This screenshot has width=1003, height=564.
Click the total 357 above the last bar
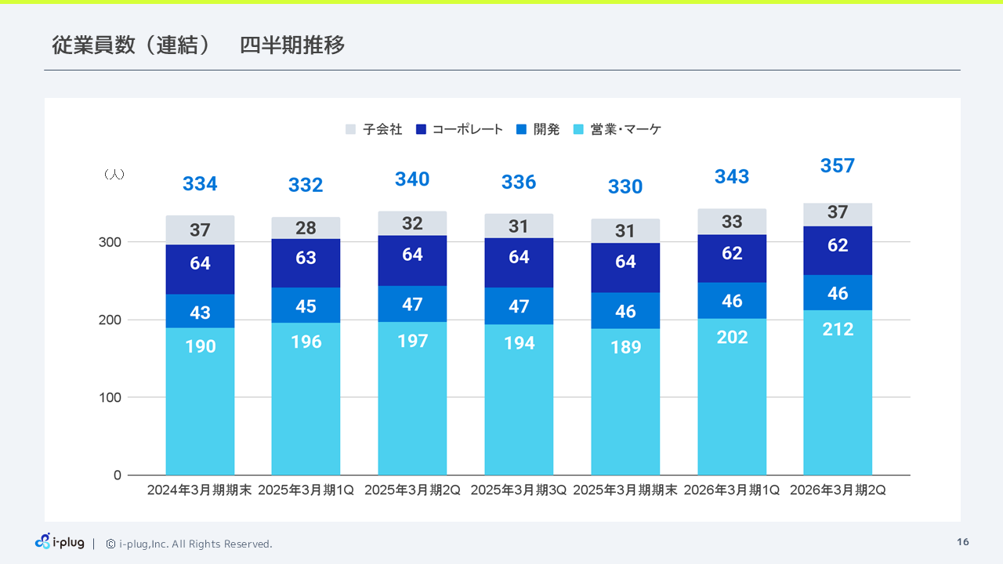click(838, 166)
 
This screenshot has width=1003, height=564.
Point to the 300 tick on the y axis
click(110, 242)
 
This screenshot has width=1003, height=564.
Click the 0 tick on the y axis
click(117, 475)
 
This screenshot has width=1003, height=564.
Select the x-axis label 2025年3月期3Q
click(519, 490)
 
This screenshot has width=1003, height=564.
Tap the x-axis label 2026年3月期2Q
click(838, 490)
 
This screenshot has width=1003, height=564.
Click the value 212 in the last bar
click(838, 330)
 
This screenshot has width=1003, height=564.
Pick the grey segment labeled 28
click(306, 228)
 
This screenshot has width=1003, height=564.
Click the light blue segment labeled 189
click(625, 347)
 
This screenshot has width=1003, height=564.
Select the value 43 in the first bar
click(200, 313)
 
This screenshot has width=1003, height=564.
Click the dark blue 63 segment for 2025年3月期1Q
click(306, 258)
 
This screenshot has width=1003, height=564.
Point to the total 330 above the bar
click(625, 186)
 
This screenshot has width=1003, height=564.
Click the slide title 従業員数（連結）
click(131, 45)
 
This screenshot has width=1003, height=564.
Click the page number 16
click(963, 542)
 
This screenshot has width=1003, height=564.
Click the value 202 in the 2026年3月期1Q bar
click(732, 337)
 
